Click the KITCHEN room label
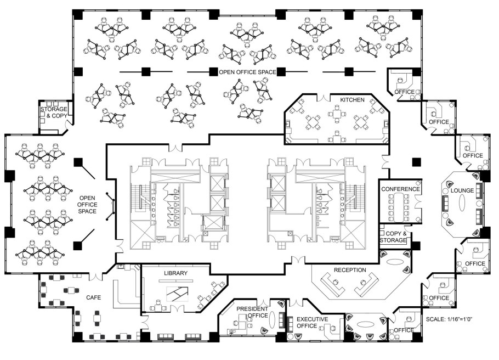click(352, 100)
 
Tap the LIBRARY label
click(175, 273)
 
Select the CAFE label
click(94, 297)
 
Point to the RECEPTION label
click(350, 270)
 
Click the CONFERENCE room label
click(400, 189)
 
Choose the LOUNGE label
click(462, 190)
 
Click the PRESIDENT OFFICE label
click(253, 312)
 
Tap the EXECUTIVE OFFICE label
click(312, 322)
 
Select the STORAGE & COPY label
click(54, 113)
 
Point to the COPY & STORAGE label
click(394, 237)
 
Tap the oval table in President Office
click(272, 319)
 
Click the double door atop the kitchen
click(324, 97)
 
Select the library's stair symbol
click(177, 294)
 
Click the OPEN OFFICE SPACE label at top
click(247, 72)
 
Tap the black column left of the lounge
click(416, 162)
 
